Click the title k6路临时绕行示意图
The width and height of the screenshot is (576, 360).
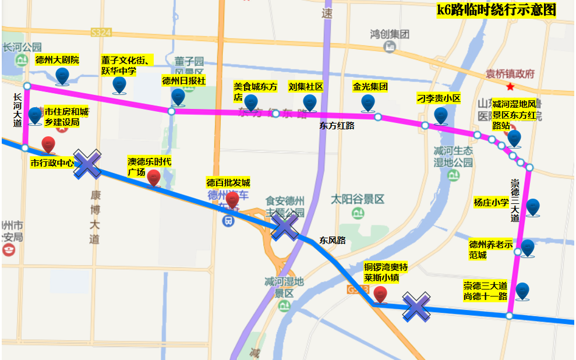point(496,10)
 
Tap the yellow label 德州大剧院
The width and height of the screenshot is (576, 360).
point(57,60)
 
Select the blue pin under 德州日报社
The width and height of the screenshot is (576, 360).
point(178,97)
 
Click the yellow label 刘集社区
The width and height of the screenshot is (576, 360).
point(305,87)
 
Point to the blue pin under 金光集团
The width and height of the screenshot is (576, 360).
point(367,103)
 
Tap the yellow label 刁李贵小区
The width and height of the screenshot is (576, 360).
point(439,98)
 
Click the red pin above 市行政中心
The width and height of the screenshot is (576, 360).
point(48,145)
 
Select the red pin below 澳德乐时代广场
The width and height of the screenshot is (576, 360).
point(154,178)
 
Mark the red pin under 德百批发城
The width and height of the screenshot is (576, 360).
point(232,200)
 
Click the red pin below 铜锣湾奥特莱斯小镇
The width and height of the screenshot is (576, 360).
point(380,295)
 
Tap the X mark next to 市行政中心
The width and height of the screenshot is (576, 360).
point(87,164)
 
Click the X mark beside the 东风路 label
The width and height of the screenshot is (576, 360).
point(285,225)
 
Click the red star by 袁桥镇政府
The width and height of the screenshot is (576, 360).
point(511,87)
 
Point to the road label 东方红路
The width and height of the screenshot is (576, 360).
point(337,125)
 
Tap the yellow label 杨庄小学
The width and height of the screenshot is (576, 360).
point(491,203)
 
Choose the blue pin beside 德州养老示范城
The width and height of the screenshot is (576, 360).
point(528,248)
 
